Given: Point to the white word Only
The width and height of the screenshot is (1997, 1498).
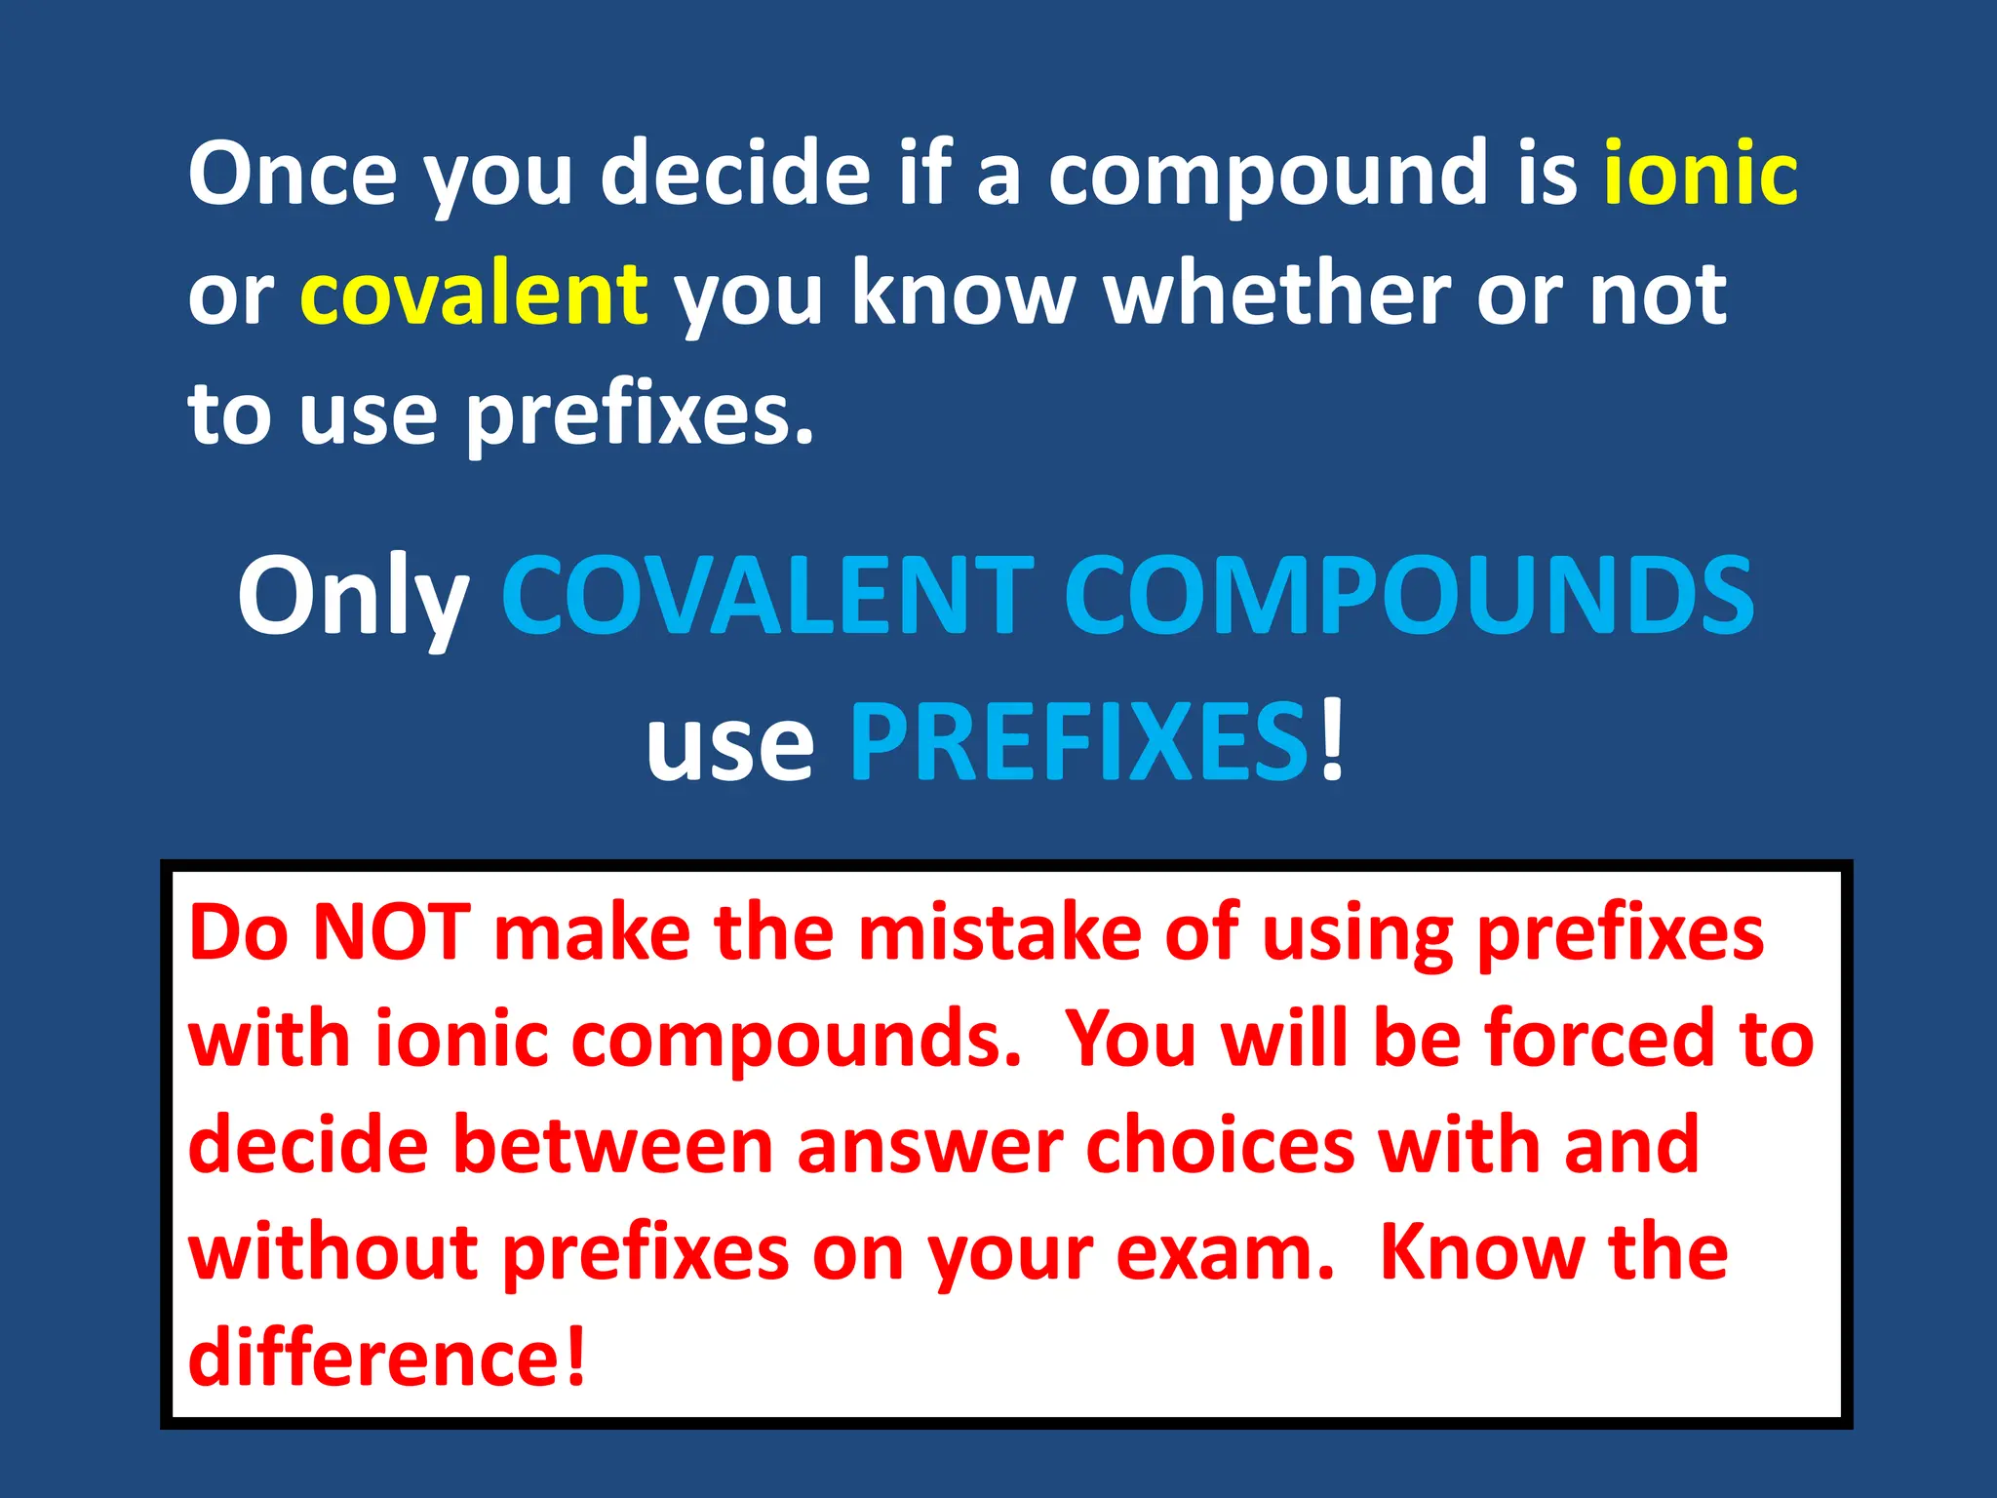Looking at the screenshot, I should click(x=353, y=597).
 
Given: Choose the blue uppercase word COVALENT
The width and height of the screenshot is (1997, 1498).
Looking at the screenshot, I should click(x=767, y=597).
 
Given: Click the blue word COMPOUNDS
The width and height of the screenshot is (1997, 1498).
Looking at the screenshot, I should click(x=1409, y=597).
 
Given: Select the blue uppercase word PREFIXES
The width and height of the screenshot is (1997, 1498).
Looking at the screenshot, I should click(x=1078, y=743).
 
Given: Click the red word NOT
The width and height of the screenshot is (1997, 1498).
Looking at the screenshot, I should click(x=392, y=933).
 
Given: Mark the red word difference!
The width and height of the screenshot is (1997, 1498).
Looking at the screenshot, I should click(x=387, y=1357).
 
